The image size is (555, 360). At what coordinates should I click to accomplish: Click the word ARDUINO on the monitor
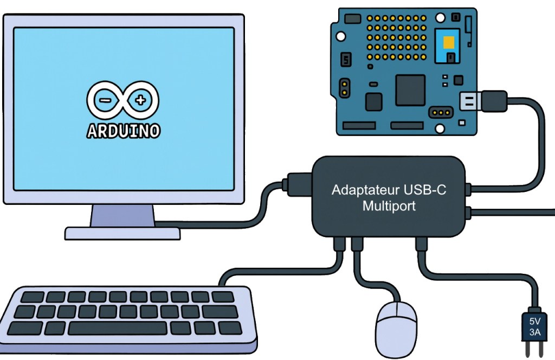pos(123,131)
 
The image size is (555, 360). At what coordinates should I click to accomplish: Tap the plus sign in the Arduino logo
pos(141,100)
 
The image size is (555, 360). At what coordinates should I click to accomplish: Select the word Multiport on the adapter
pos(389,207)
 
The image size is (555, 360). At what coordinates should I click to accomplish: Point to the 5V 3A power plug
pos(534,327)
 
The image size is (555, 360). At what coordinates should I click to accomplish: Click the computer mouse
pos(396,328)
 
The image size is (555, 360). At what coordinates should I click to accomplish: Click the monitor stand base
pos(122,233)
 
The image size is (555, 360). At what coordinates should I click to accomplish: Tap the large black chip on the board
pos(410,90)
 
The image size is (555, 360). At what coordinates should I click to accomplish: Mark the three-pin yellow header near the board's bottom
pos(440,113)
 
